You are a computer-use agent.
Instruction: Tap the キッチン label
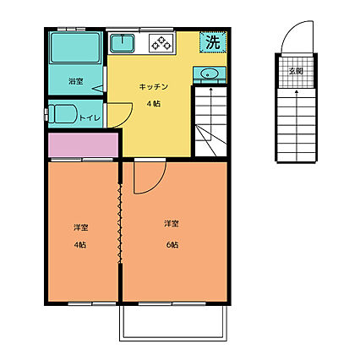coord(154,86)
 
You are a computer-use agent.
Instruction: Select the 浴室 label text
coord(75,81)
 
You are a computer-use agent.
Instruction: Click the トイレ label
coord(88,117)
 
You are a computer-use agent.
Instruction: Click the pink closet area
coord(84,145)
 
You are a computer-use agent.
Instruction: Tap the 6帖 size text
coord(172,245)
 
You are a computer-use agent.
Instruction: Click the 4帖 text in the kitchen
coord(154,103)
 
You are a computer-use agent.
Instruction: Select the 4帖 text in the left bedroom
coord(80,245)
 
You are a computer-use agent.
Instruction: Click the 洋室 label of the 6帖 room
coord(172,223)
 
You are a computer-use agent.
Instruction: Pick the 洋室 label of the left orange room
coord(80,227)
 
